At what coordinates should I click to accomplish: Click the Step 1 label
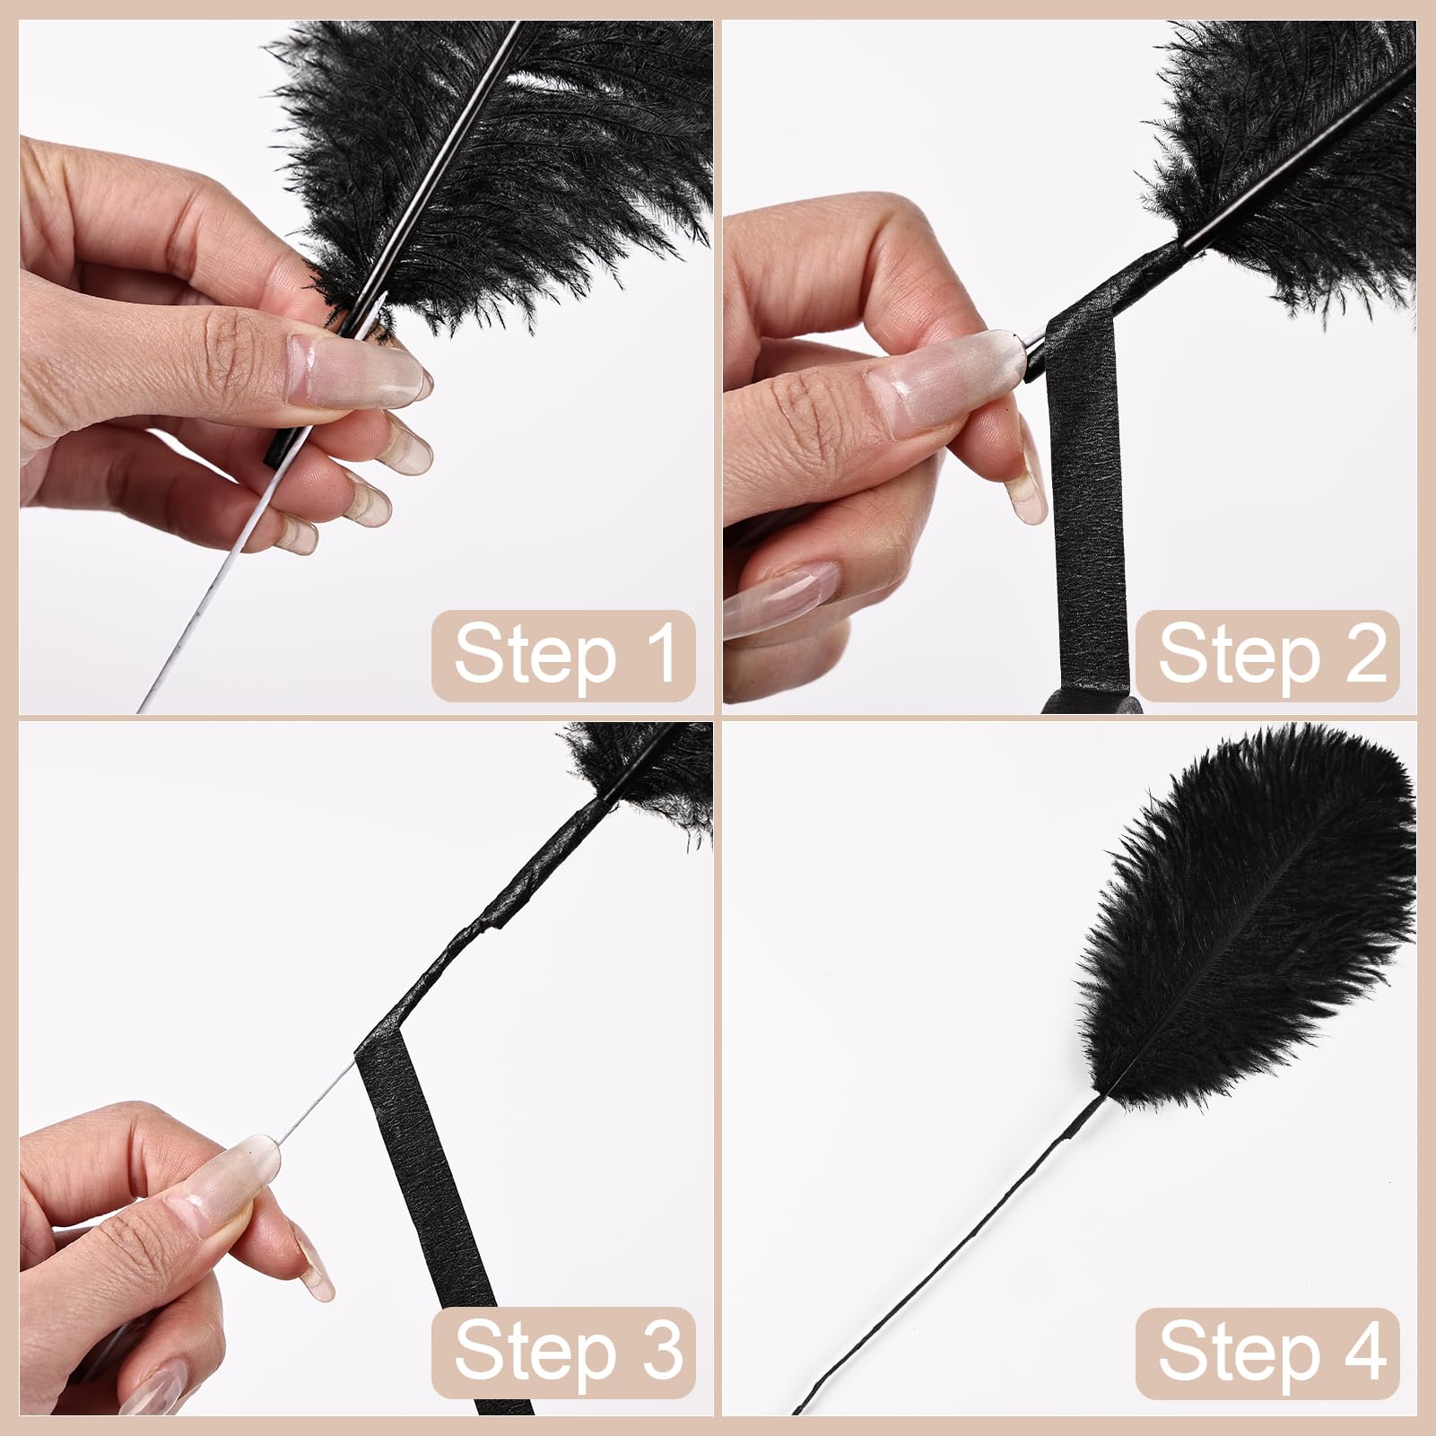coord(563,655)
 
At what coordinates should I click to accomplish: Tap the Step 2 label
coord(1267,655)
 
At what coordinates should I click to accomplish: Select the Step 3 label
coord(563,1353)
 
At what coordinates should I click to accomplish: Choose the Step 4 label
coord(1267,1353)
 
